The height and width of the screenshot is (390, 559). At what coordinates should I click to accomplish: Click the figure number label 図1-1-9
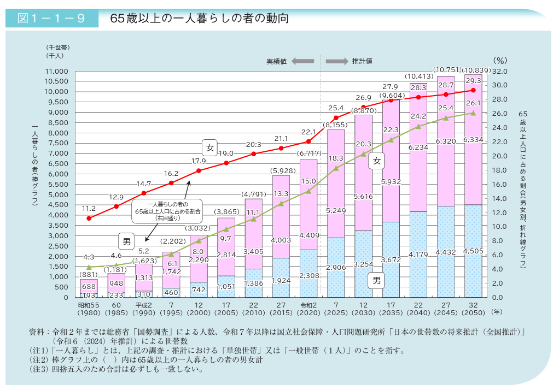coord(51,18)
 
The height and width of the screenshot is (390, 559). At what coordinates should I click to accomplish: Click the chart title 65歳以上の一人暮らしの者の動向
coord(199,18)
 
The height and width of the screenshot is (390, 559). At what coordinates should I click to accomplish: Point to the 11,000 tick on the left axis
coord(56,72)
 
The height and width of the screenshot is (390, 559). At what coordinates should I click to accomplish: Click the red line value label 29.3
coord(474,80)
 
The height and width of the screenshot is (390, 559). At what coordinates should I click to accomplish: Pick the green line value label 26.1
coord(474,103)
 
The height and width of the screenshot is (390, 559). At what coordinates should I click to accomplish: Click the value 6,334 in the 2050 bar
coord(473,140)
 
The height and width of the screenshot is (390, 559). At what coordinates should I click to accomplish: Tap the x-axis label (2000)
coord(199,313)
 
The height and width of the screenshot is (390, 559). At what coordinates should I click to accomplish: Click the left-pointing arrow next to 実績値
coord(302,61)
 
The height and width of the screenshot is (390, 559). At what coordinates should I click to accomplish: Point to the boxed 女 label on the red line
coord(210,147)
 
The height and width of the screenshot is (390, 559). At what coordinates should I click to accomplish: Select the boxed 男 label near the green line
coord(126,241)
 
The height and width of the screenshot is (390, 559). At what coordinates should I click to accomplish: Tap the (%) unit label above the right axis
coord(500,60)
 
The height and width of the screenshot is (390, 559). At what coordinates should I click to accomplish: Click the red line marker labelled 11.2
coord(89,218)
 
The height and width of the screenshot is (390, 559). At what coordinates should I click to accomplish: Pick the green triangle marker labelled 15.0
coord(308,191)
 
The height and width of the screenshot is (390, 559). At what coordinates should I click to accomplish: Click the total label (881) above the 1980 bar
coord(89,274)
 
